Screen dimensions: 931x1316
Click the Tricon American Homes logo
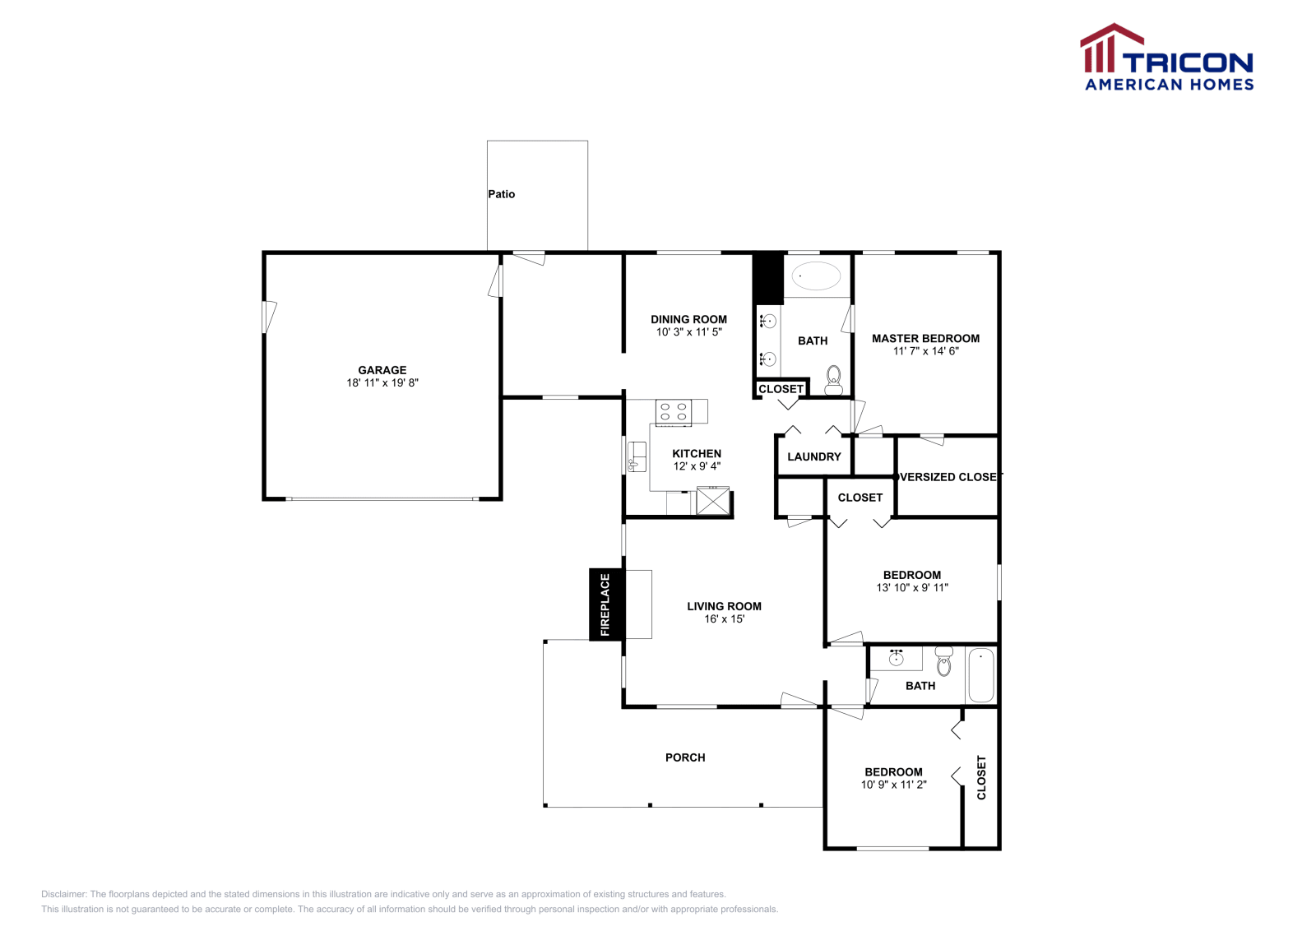(1167, 58)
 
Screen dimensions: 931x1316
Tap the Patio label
(501, 194)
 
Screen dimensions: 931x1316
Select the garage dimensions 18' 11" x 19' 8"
(382, 382)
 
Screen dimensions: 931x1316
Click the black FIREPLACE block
(605, 604)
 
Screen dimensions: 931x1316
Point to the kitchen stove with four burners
(673, 411)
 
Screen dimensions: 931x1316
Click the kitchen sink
(636, 457)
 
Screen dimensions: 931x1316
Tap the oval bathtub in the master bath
(816, 276)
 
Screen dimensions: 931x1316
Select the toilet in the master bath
(833, 380)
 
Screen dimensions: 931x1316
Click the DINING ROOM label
(688, 319)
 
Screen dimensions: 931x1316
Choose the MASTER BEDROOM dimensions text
(925, 351)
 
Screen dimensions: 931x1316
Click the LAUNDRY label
(814, 456)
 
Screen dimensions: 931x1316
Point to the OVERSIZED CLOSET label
(948, 477)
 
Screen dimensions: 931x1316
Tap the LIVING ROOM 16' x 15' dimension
(724, 619)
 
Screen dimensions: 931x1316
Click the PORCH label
(685, 757)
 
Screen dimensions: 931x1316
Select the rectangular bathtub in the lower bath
(980, 675)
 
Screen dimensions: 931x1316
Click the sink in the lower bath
(897, 658)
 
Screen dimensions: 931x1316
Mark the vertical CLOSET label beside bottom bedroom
(981, 777)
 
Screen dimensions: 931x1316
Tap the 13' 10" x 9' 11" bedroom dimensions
(912, 588)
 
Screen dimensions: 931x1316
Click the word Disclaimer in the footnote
(63, 894)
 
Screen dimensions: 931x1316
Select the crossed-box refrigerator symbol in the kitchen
(712, 501)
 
